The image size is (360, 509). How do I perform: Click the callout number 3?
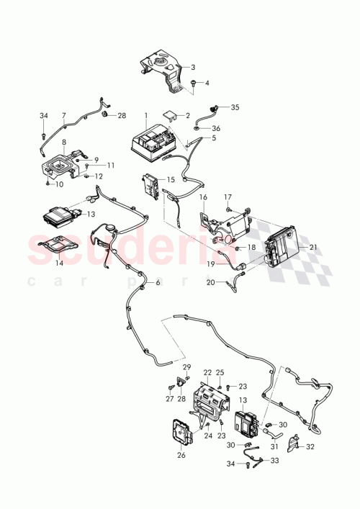click(x=193, y=67)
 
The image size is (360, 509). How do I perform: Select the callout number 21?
click(x=312, y=246)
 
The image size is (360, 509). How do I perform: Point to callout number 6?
click(x=158, y=283)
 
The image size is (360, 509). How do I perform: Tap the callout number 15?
click(x=170, y=179)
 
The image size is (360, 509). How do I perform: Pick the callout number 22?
click(x=207, y=371)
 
